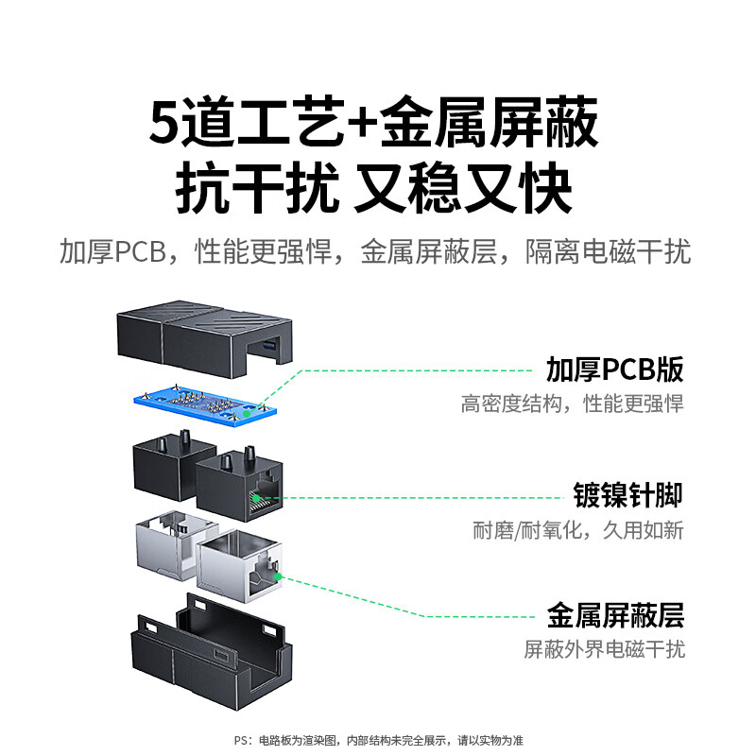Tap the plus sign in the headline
[362, 123]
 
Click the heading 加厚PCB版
[615, 369]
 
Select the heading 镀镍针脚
[627, 494]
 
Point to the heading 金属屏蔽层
[616, 616]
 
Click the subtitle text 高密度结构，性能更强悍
[573, 404]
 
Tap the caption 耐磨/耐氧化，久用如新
[578, 530]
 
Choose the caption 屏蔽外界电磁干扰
[605, 649]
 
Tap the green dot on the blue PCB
[247, 414]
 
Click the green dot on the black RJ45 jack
[256, 498]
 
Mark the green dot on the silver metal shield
[278, 576]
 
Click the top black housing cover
[205, 337]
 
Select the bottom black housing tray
[212, 652]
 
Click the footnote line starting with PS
[379, 740]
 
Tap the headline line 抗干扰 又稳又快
[374, 188]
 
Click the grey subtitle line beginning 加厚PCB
[375, 251]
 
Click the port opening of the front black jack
[265, 498]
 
